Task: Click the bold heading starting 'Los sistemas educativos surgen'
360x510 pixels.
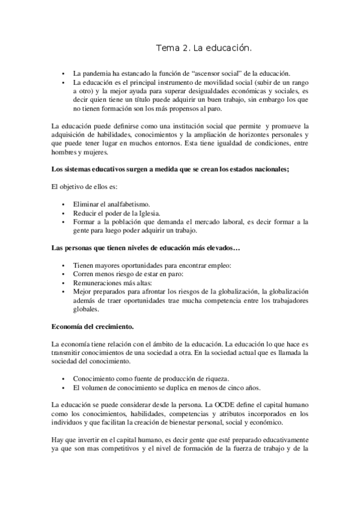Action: [171, 170]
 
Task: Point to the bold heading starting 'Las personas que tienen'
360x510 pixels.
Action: [146, 248]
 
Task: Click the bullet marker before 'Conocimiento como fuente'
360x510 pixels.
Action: [64, 379]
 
